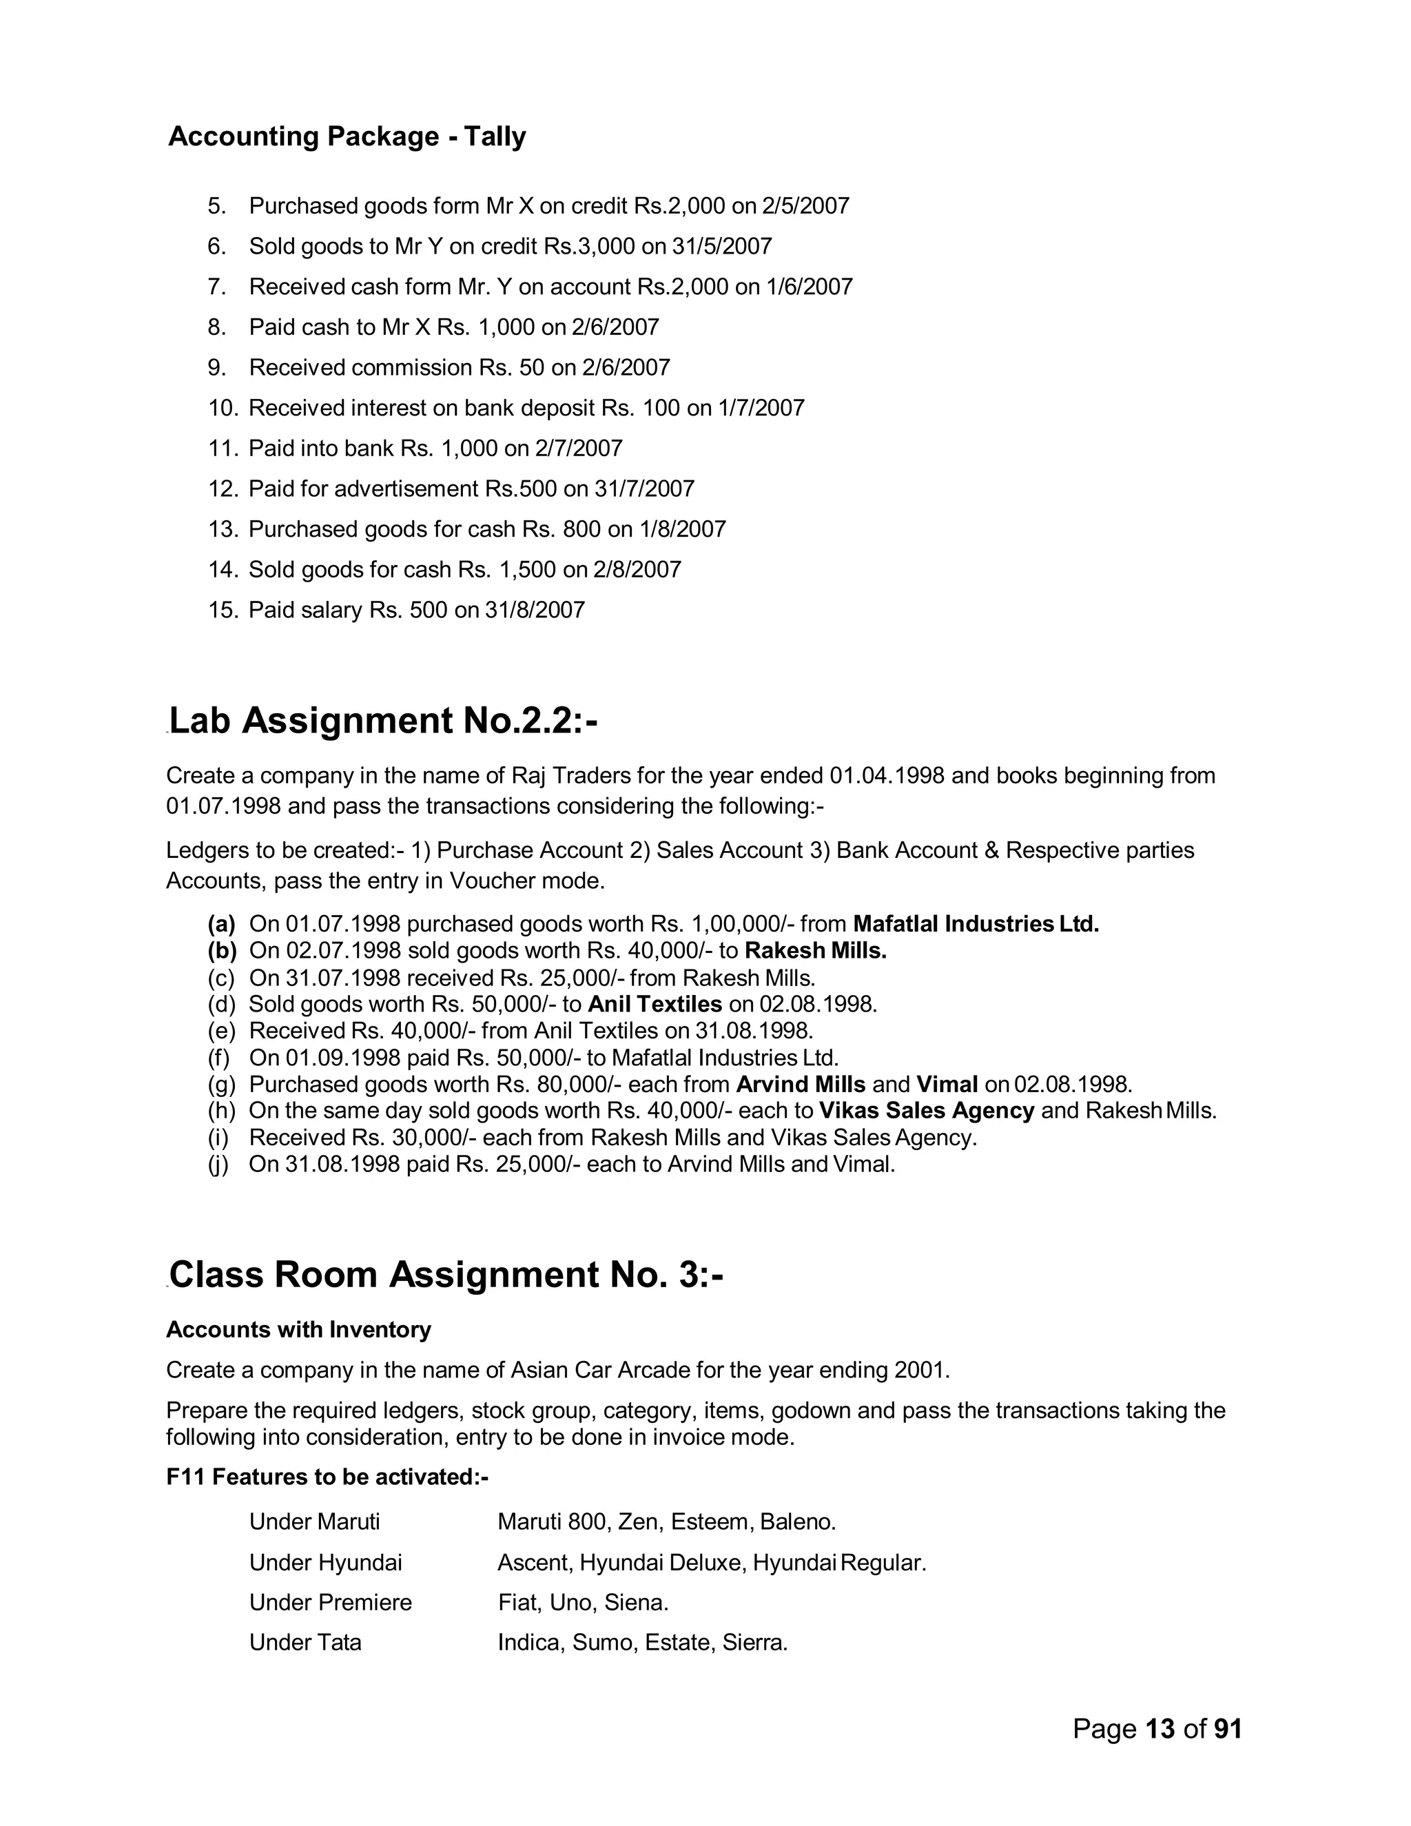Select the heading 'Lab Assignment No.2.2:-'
click(x=383, y=721)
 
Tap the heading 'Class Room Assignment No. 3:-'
click(x=446, y=1274)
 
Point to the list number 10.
click(x=223, y=408)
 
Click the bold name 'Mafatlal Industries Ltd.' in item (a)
click(x=975, y=925)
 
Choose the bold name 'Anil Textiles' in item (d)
click(x=655, y=1004)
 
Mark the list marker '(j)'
click(x=218, y=1165)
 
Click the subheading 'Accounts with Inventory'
click(x=298, y=1330)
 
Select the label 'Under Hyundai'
click(x=325, y=1563)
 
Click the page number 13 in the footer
click(x=1160, y=1729)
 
